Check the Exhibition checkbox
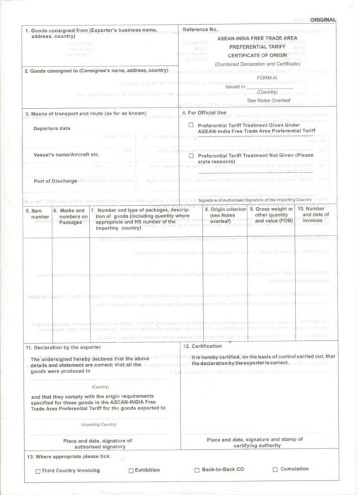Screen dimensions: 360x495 click(x=131, y=470)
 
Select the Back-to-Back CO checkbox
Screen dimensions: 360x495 click(x=197, y=470)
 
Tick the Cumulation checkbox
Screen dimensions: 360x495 click(x=275, y=470)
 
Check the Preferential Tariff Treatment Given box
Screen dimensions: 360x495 click(x=191, y=125)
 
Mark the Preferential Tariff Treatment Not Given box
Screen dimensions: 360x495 click(x=191, y=154)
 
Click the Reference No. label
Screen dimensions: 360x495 click(x=200, y=30)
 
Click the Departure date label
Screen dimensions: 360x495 click(x=52, y=129)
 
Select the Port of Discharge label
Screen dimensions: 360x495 click(x=55, y=181)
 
